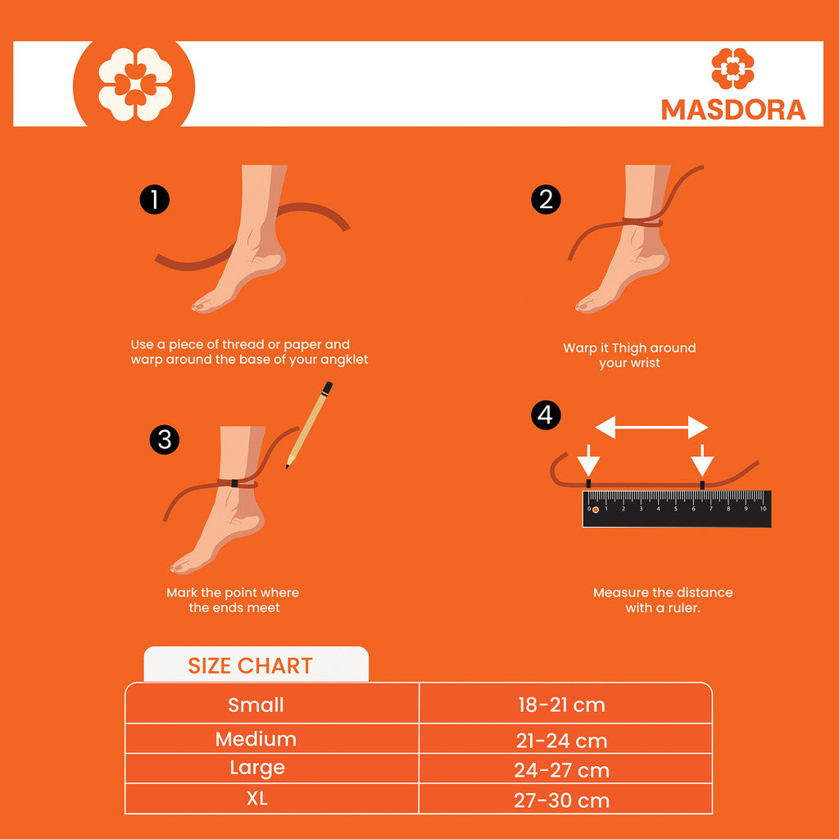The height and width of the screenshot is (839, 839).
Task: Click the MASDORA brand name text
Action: click(733, 110)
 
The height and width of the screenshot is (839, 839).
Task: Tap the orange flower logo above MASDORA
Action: click(732, 69)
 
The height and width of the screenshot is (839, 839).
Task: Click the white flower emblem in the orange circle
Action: click(135, 84)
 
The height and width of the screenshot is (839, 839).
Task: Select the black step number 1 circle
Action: click(155, 200)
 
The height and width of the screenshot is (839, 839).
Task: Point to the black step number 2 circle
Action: click(546, 200)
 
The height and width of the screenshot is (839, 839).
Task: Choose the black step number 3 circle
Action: click(164, 440)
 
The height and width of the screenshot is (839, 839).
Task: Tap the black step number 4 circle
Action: click(546, 415)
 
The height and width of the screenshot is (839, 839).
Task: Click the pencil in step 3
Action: click(309, 425)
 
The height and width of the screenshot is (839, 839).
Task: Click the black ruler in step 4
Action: click(677, 508)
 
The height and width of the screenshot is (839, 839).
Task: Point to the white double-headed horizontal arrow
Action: click(651, 428)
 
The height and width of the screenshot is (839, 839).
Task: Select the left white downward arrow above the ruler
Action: click(588, 460)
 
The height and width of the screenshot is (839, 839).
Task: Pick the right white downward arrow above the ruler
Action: click(702, 460)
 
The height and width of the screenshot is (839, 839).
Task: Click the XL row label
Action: click(256, 799)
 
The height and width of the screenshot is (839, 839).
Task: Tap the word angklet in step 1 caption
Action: click(342, 361)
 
